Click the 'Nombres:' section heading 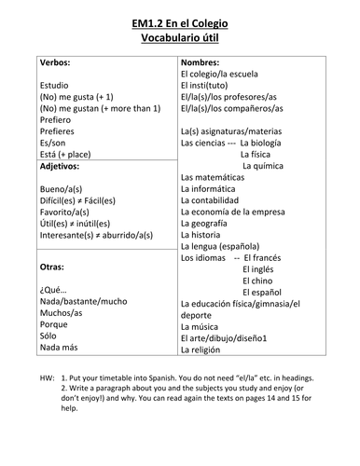(202, 62)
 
